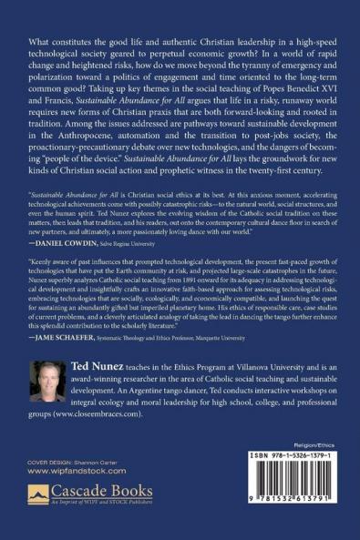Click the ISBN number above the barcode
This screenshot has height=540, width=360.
(x=293, y=480)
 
